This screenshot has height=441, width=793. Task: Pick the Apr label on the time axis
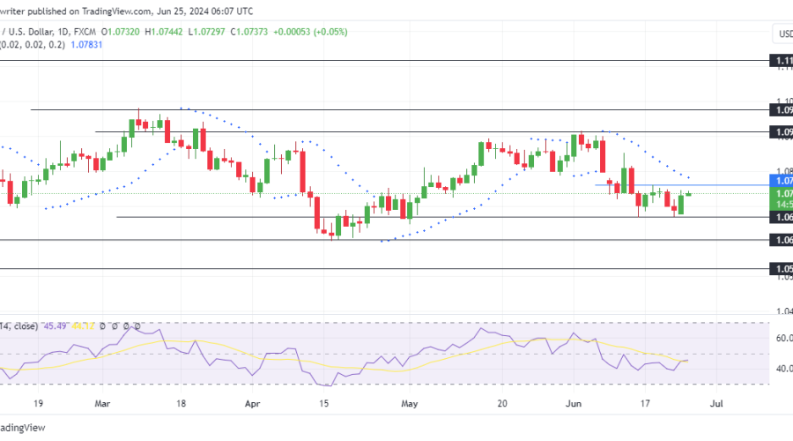click(x=253, y=403)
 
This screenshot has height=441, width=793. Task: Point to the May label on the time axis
click(x=409, y=403)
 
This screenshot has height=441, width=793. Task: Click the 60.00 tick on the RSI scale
click(x=782, y=338)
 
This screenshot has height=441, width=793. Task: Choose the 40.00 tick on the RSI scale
click(x=782, y=369)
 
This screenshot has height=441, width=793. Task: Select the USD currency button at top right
click(x=782, y=34)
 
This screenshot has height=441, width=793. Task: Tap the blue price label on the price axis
click(x=782, y=180)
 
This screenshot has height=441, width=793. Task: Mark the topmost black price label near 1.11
click(x=782, y=61)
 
